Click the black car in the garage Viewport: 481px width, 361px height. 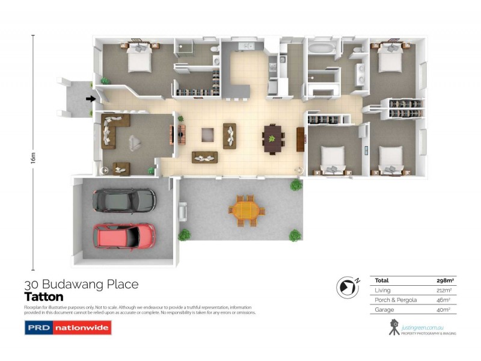[x=124, y=200]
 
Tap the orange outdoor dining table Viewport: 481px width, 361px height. [x=246, y=211]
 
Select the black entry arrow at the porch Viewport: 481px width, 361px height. [x=90, y=99]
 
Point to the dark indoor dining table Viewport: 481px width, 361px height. [x=272, y=140]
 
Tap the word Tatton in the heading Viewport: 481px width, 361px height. [x=44, y=297]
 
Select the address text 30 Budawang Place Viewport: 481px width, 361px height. [x=81, y=284]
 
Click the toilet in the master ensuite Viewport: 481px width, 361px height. [x=215, y=48]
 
